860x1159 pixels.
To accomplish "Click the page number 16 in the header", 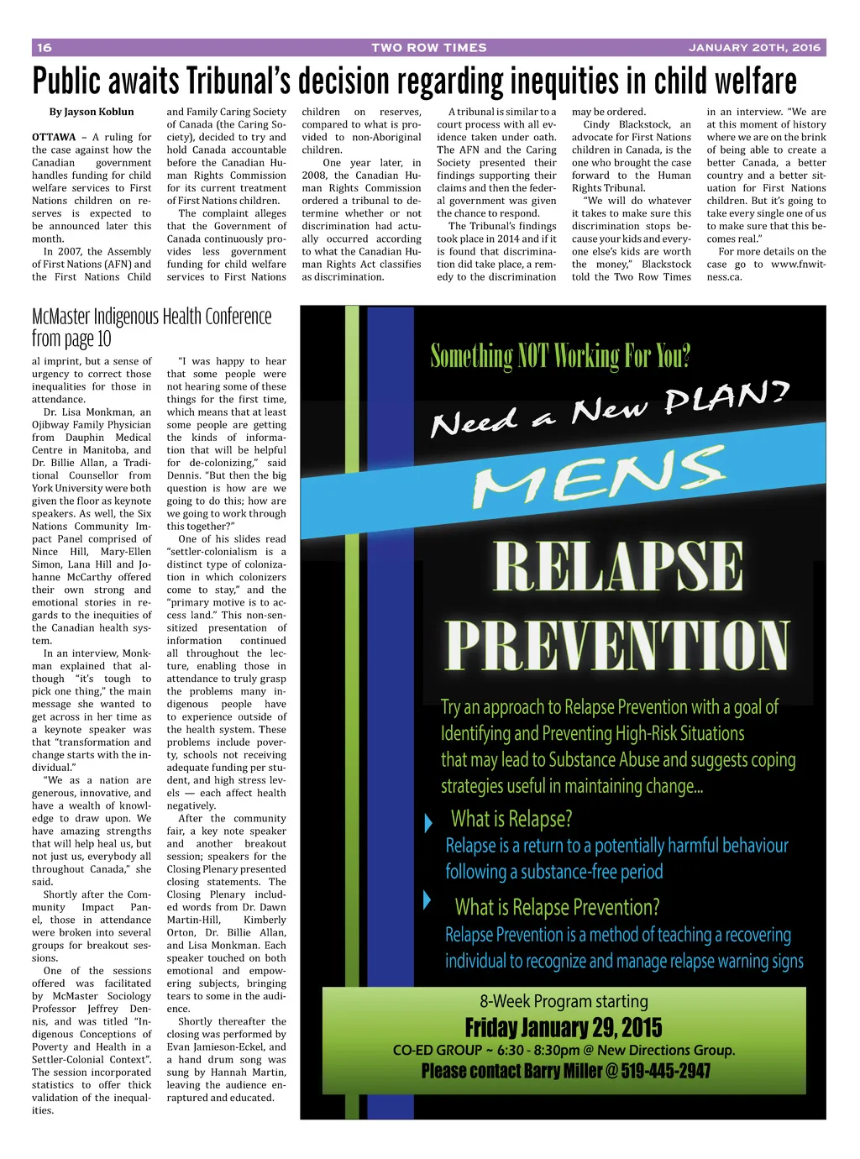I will [x=45, y=48].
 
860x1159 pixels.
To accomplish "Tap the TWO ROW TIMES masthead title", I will [x=429, y=48].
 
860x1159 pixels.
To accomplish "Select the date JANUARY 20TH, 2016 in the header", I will [x=754, y=48].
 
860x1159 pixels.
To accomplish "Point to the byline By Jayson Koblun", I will [x=92, y=112].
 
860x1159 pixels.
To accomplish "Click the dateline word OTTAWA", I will [x=54, y=137].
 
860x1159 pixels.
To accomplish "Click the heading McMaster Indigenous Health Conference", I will [x=152, y=317].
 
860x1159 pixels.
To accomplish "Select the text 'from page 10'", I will [x=71, y=339].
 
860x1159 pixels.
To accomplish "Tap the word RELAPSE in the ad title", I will [x=618, y=567].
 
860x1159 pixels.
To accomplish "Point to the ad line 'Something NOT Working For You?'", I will [x=560, y=356].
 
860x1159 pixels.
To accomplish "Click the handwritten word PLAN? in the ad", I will [x=726, y=397].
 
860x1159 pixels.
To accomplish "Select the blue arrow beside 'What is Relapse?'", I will [x=429, y=821].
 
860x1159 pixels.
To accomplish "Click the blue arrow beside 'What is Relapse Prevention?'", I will [x=427, y=901].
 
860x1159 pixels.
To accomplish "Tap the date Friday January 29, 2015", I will [x=564, y=1028].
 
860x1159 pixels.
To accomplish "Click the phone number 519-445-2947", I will [x=666, y=1071].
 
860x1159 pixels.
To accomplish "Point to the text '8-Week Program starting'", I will [x=564, y=1001].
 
